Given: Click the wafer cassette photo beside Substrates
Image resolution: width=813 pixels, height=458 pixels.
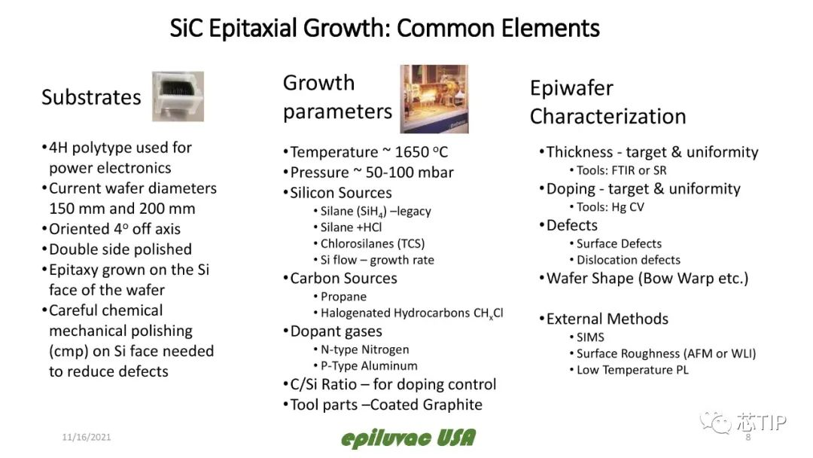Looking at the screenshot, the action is (178, 96).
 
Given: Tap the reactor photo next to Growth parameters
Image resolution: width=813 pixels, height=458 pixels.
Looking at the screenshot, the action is (434, 99).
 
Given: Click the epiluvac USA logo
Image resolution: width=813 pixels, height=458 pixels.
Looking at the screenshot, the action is (408, 438).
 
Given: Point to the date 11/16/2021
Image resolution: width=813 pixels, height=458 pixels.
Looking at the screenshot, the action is (87, 437).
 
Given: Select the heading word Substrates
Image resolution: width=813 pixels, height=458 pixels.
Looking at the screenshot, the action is (91, 97).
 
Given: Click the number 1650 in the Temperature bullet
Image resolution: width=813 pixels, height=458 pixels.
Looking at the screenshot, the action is (412, 152).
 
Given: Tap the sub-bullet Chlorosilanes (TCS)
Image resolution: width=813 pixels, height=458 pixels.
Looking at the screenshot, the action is (373, 244).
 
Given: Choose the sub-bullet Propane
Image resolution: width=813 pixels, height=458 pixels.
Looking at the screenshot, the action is (343, 297).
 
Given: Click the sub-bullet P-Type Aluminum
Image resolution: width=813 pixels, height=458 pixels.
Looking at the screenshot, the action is (369, 365).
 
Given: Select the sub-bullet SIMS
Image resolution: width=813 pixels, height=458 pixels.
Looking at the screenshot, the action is (590, 337).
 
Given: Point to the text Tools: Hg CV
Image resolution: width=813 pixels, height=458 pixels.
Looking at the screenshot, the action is (610, 207).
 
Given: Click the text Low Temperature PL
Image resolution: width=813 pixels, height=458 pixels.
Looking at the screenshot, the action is (632, 370).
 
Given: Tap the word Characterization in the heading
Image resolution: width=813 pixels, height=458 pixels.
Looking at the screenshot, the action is (607, 117).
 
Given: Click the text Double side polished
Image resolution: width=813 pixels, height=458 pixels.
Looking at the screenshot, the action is (120, 249).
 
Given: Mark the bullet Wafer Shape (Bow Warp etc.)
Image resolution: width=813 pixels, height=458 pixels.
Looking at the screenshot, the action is (647, 279).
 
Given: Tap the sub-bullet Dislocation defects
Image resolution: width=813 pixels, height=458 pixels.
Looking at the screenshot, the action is (629, 260).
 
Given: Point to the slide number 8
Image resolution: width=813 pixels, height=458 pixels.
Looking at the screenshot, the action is (748, 437).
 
